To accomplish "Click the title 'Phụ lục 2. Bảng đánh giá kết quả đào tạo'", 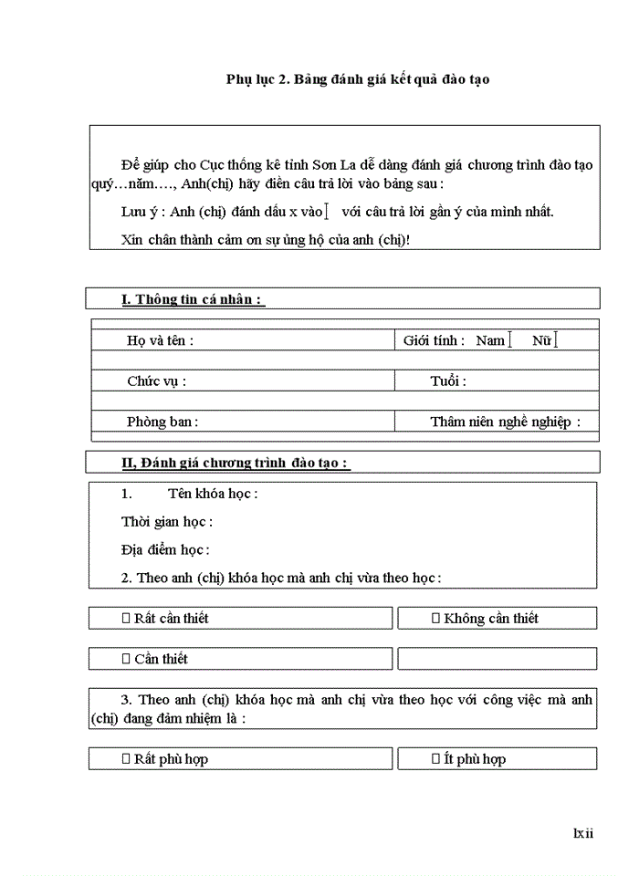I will (358, 79).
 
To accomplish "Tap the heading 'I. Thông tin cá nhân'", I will (193, 299).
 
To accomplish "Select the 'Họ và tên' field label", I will (160, 340).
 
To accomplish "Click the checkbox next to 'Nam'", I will (510, 340).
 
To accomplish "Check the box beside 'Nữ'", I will (555, 340).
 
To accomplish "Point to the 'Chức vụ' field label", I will (156, 381).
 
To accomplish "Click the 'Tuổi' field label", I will (447, 381).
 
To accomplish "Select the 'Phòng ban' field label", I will (162, 422).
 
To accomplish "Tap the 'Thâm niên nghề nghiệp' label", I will (505, 422).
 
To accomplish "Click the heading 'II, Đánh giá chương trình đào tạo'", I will (236, 464).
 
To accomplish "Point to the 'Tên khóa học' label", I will (213, 494).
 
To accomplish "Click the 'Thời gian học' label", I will (166, 522).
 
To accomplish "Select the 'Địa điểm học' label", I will (164, 550).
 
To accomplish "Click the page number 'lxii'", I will (582, 832).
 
